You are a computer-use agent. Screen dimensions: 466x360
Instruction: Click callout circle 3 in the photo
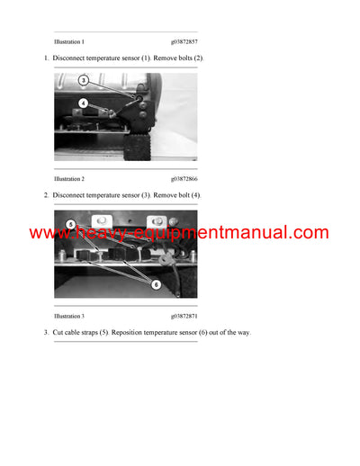pyautogui.click(x=84, y=80)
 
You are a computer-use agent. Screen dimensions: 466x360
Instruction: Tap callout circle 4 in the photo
pyautogui.click(x=84, y=103)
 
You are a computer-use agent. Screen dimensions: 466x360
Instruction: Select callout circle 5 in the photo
pyautogui.click(x=71, y=223)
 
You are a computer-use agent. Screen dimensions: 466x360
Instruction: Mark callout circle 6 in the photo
pyautogui.click(x=156, y=283)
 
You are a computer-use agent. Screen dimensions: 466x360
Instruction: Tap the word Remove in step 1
pyautogui.click(x=163, y=58)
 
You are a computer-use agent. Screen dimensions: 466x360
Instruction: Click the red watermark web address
pyautogui.click(x=179, y=233)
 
